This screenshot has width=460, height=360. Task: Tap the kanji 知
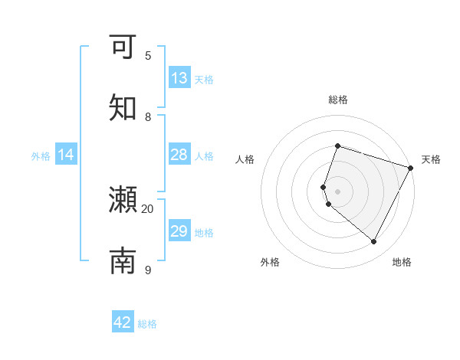[x=123, y=107]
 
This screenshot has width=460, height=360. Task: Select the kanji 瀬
[x=123, y=200]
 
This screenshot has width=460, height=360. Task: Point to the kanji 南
[x=123, y=260]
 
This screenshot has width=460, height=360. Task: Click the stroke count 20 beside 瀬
[x=148, y=208]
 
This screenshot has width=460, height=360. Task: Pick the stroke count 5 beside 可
[x=148, y=55]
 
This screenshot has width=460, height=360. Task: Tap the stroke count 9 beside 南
[x=148, y=270]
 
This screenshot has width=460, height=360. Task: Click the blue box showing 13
[x=179, y=78]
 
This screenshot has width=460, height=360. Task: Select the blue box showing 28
[x=179, y=155]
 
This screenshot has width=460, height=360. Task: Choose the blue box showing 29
[x=179, y=231]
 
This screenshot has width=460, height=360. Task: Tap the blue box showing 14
[x=66, y=155]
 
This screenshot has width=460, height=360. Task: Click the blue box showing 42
[x=123, y=322]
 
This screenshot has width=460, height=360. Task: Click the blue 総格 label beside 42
[x=147, y=324]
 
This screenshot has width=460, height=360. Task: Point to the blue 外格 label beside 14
[x=41, y=156]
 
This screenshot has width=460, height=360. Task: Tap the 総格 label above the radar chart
[x=338, y=100]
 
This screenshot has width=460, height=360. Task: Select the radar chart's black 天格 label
[x=431, y=159]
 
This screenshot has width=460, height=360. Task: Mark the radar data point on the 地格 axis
[x=374, y=242]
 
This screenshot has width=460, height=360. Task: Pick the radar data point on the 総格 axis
[x=337, y=146]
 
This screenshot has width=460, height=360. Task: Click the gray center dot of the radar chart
[x=337, y=191]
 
